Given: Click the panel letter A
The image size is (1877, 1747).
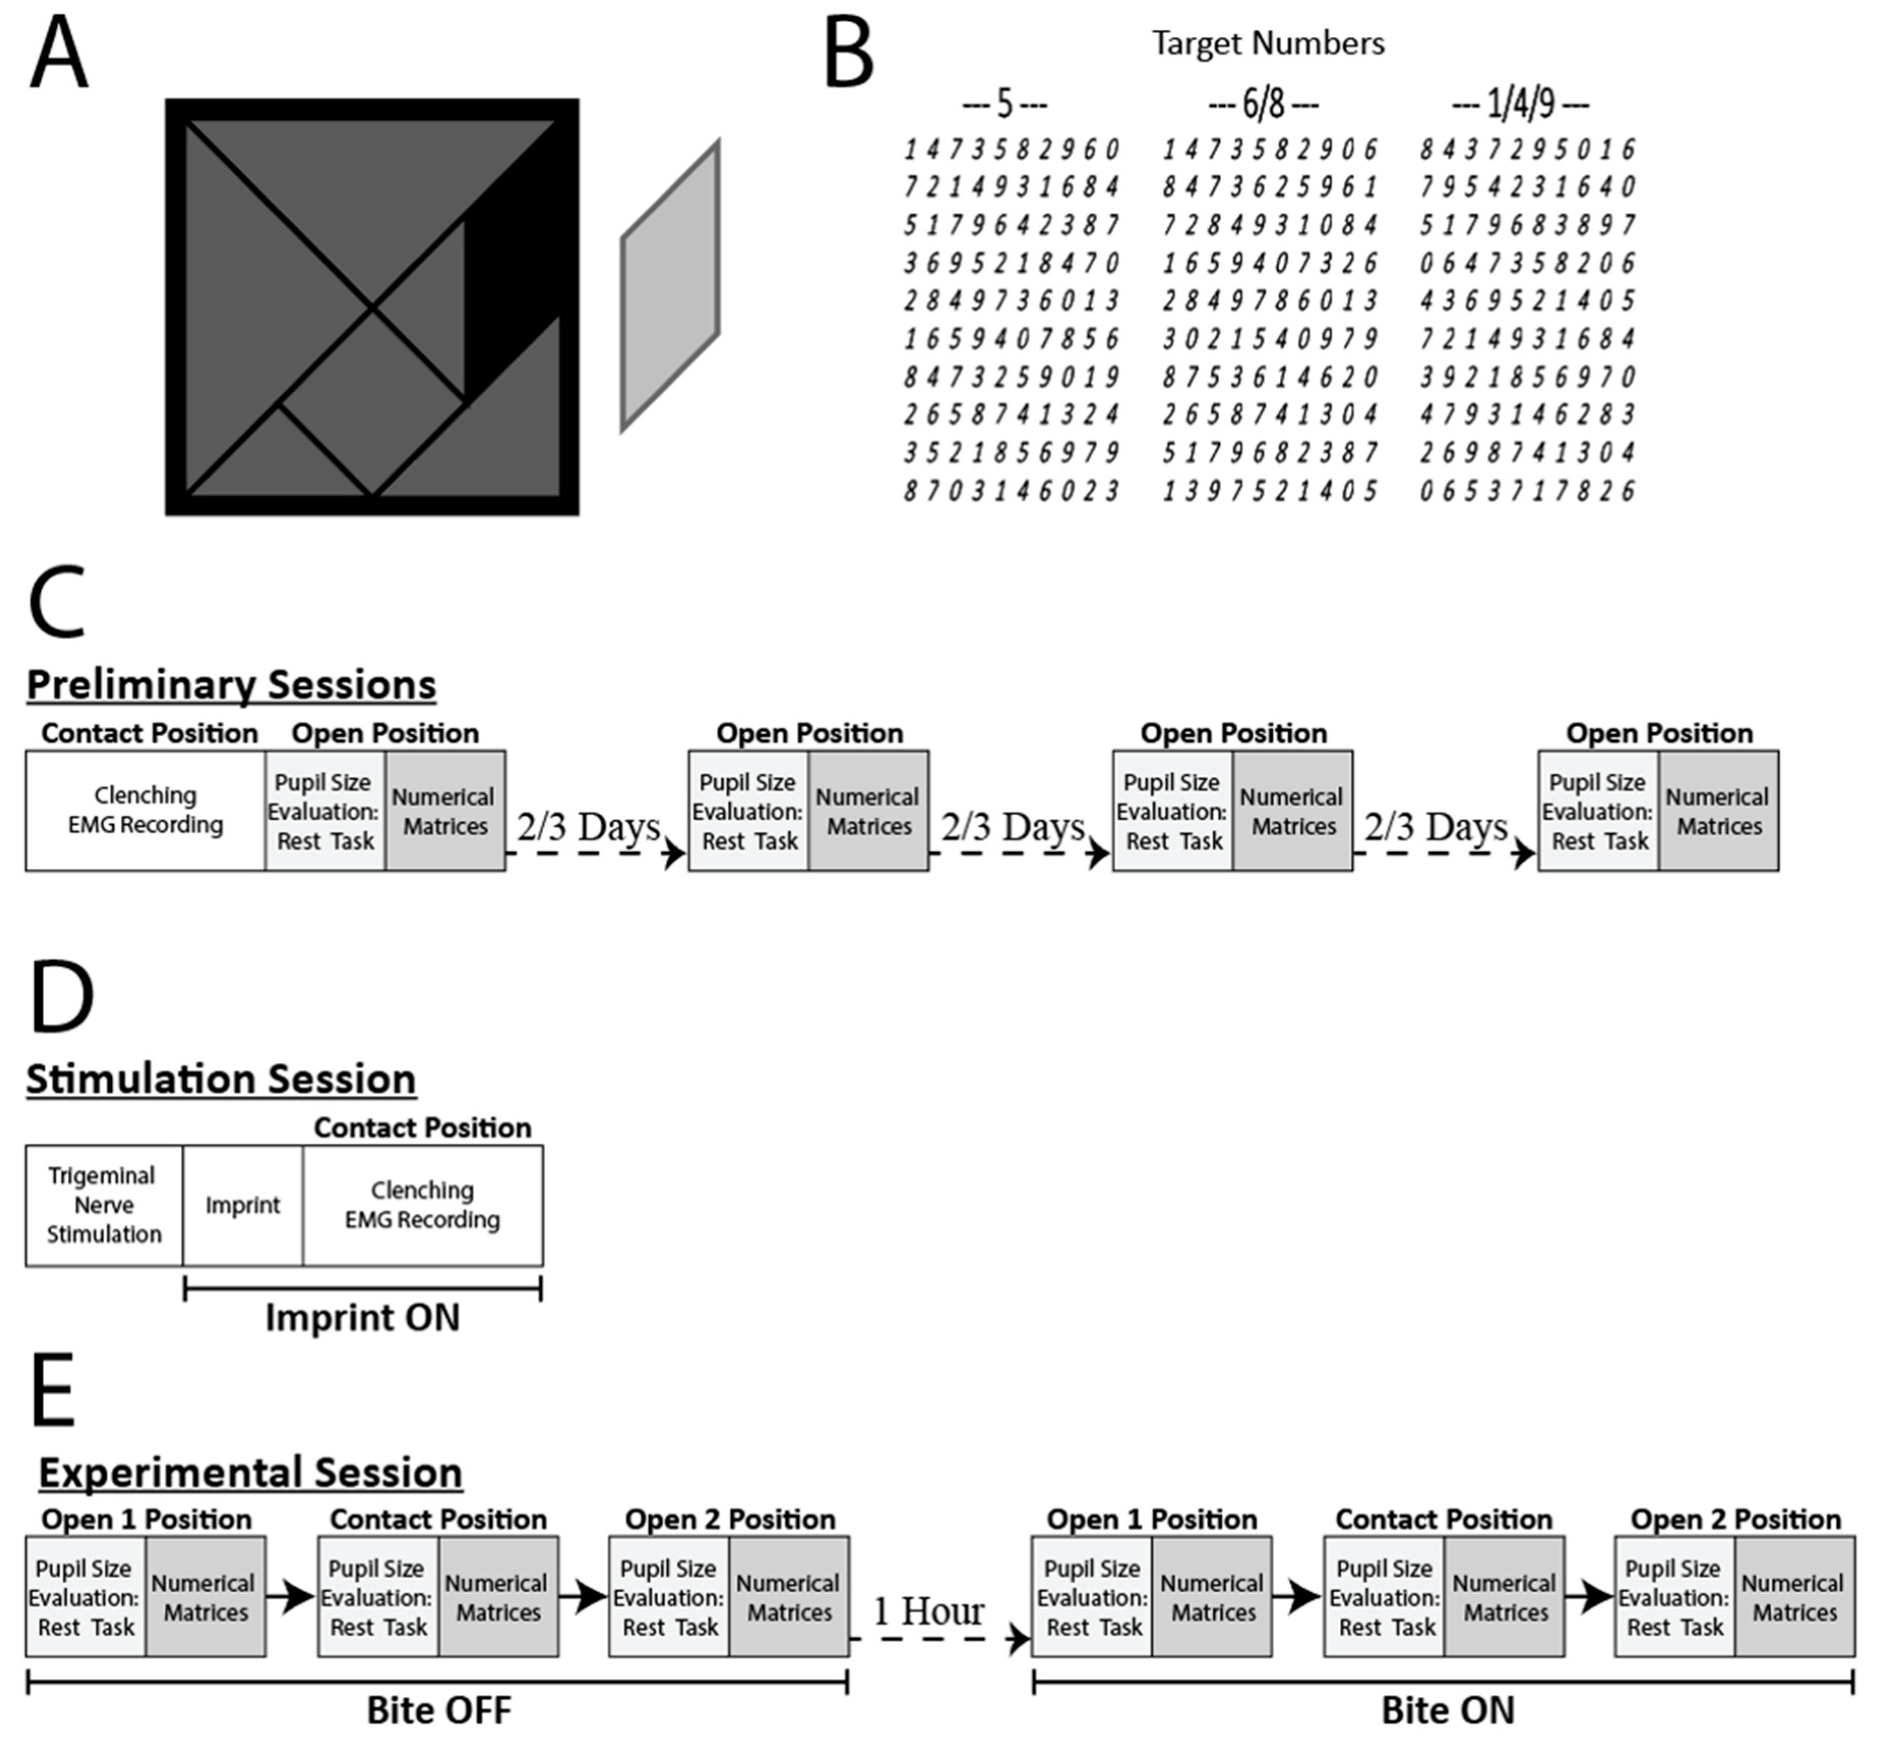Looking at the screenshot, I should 58,55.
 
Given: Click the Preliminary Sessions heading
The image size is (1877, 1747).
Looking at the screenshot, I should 231,684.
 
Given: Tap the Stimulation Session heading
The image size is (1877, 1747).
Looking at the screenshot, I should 221,1079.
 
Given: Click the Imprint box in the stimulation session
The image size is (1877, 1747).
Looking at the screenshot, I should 242,1205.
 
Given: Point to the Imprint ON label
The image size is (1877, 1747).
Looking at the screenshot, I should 362,1318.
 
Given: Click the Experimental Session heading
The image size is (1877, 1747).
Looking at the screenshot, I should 250,1473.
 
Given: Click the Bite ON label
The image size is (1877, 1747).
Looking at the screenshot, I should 1448,1710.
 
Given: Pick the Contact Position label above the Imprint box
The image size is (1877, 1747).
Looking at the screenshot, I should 422,1128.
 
